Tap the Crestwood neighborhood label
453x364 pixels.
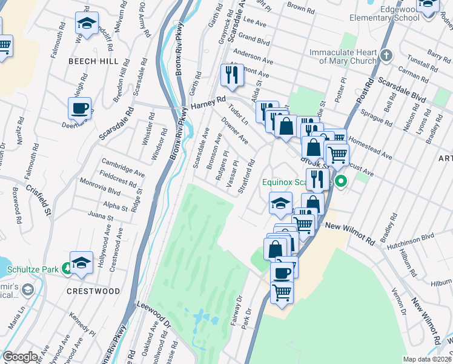tap(93, 291)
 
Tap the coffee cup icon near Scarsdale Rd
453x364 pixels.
tap(79, 109)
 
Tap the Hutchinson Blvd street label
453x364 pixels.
tap(411, 237)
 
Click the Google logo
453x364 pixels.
tap(20, 357)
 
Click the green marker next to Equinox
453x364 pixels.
tap(341, 181)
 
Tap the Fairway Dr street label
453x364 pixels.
tap(236, 310)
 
